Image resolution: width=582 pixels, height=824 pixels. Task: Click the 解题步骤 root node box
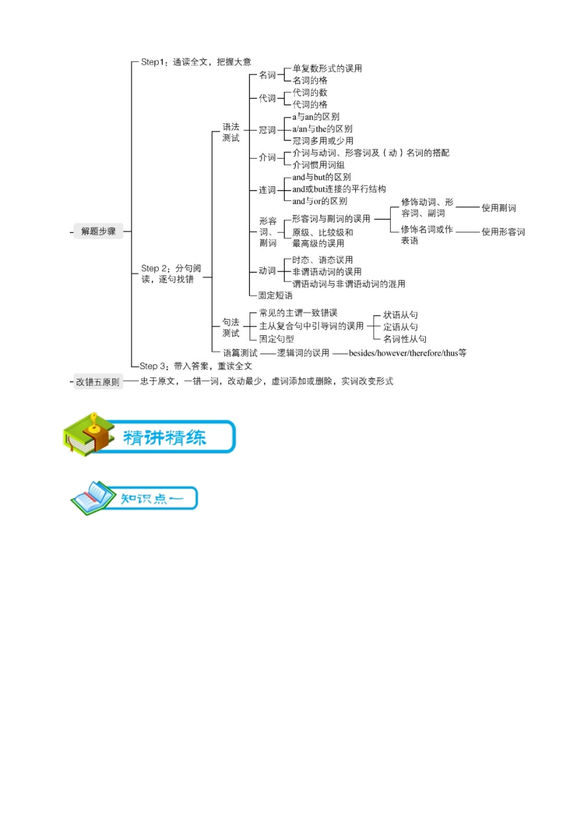pyautogui.click(x=98, y=231)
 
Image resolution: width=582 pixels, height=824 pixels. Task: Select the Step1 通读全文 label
pyautogui.click(x=196, y=62)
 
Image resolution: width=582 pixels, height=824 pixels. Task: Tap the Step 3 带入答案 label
pyautogui.click(x=196, y=366)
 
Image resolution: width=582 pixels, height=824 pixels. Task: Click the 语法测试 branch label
pyautogui.click(x=231, y=132)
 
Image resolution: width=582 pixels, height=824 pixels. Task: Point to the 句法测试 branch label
pyautogui.click(x=231, y=327)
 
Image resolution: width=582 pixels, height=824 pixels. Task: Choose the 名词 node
pyautogui.click(x=267, y=75)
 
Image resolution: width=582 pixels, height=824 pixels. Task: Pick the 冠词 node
pyautogui.click(x=267, y=130)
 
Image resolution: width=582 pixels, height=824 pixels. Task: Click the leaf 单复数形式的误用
pyautogui.click(x=327, y=69)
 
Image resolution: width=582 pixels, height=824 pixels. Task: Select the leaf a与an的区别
pyautogui.click(x=316, y=116)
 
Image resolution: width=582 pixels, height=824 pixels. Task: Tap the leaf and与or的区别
pyautogui.click(x=320, y=201)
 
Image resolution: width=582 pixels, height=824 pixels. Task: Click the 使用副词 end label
pyautogui.click(x=499, y=208)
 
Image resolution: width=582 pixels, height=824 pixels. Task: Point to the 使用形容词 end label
pyautogui.click(x=503, y=232)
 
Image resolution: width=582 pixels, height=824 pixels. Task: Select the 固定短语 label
pyautogui.click(x=275, y=296)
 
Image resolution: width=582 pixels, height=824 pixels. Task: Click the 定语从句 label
pyautogui.click(x=401, y=327)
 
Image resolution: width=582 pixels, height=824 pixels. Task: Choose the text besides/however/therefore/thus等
pyautogui.click(x=407, y=353)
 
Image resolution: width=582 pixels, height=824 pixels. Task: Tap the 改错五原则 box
pyautogui.click(x=98, y=382)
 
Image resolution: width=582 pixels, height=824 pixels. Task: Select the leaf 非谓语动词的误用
pyautogui.click(x=327, y=272)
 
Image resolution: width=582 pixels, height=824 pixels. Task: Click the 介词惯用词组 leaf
pyautogui.click(x=319, y=165)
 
